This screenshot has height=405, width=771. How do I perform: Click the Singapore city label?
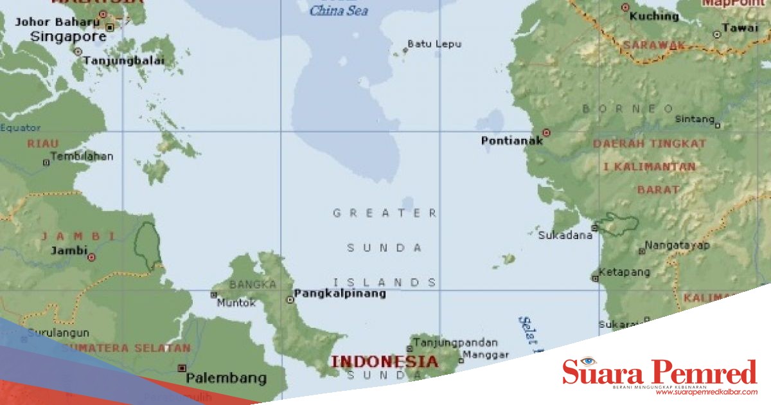(68, 37)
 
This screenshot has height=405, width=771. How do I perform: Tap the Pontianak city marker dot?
(547, 132)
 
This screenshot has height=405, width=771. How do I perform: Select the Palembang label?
(226, 378)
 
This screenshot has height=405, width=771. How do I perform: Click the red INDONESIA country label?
(384, 361)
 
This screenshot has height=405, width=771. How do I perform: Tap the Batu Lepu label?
(434, 44)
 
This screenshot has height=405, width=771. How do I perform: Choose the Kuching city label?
(654, 16)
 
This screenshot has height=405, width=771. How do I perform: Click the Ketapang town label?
(624, 273)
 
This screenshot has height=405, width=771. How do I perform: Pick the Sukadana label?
(565, 235)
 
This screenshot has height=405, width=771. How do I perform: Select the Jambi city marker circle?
(91, 257)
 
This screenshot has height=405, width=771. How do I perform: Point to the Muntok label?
(236, 303)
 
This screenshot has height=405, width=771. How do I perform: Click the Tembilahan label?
(82, 156)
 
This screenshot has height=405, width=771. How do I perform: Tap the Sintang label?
(694, 120)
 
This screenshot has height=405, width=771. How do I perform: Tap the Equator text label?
(21, 128)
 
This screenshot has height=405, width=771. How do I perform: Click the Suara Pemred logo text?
(660, 372)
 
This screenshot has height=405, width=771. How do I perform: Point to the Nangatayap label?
(677, 246)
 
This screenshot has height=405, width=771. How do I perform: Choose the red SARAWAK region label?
(653, 45)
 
